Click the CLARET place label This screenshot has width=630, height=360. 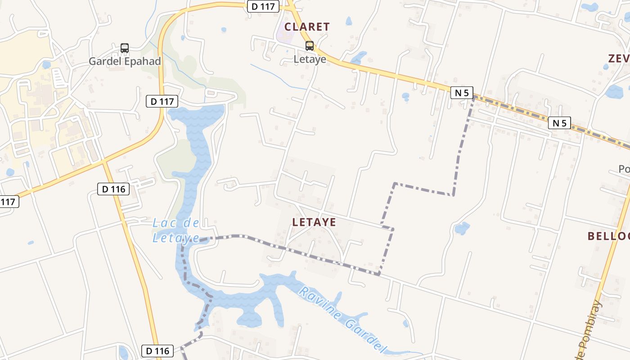pos(307,27)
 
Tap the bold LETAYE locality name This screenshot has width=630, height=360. pos(314,222)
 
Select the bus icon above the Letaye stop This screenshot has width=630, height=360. pos(310,45)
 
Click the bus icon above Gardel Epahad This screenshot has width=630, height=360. pos(125,48)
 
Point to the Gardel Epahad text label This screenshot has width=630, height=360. pos(125,61)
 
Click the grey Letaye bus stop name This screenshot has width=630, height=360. pos(310,59)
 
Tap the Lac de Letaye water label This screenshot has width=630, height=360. pos(176,230)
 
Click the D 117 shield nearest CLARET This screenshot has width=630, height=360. pos(263,6)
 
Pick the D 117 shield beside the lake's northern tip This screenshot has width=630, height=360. pos(162,101)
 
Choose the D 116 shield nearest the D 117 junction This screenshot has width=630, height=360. pos(113,189)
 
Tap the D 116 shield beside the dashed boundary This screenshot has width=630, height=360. pos(157,351)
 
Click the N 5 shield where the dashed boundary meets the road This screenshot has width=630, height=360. pos(462,93)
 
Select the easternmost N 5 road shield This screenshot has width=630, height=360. pos(559,122)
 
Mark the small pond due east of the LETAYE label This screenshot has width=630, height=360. pos(462,228)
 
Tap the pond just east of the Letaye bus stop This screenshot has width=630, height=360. pos(359,58)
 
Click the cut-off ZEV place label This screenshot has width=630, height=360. pos(619,58)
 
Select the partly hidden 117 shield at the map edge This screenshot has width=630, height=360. pos(9,202)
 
